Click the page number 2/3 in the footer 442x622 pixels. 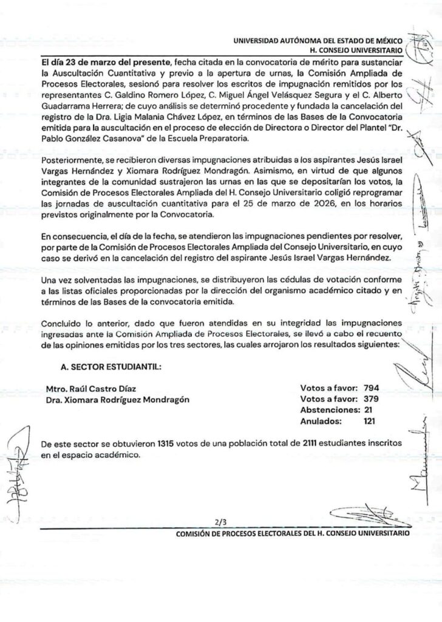pos(219,521)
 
